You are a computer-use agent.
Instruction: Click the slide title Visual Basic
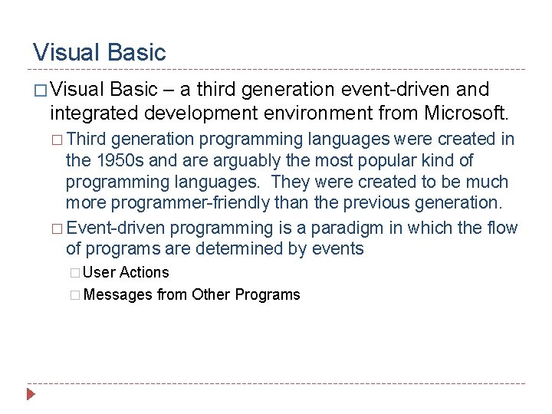tap(99, 52)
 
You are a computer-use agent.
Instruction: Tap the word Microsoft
tap(465, 113)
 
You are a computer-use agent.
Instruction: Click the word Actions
tap(144, 272)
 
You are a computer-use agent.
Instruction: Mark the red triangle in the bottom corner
tap(31, 396)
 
